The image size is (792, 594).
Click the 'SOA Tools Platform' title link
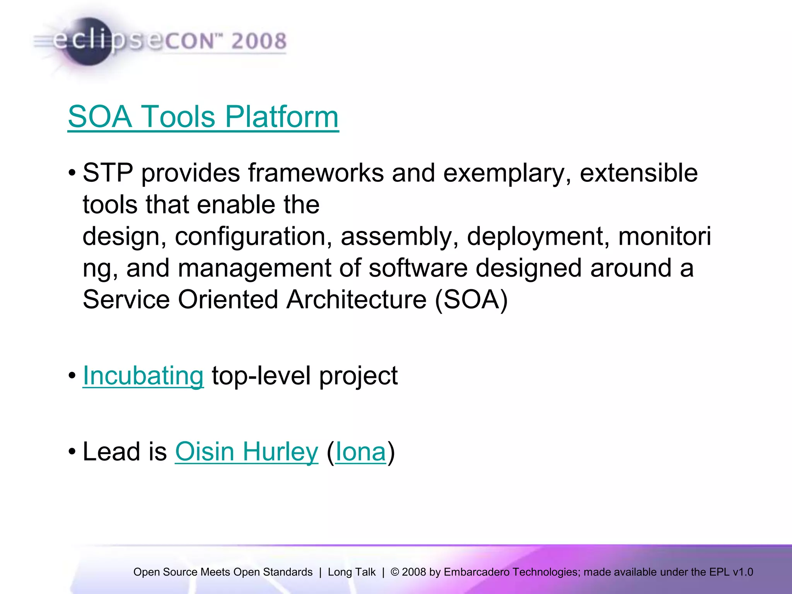203,117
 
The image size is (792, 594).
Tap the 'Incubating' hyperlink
143,376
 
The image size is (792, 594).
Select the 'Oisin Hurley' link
246,452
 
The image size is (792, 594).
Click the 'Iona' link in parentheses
360,452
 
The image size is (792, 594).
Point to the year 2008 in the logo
259,41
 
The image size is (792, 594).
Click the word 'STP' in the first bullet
108,173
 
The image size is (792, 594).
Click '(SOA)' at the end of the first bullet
471,300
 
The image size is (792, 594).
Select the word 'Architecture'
356,300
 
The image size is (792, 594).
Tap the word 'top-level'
261,376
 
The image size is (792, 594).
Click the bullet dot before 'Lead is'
72,452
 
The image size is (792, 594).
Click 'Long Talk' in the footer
352,572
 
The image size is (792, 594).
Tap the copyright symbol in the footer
394,572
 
